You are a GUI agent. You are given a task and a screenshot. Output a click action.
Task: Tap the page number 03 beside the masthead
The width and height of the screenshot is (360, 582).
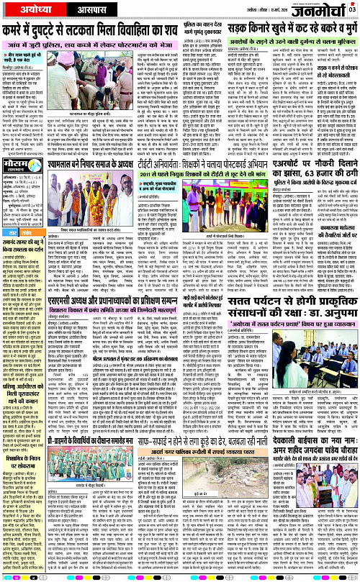[352, 9]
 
